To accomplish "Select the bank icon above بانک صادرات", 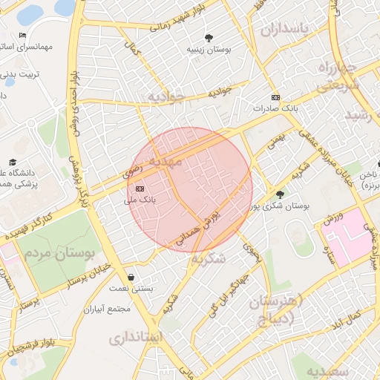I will click(275, 97).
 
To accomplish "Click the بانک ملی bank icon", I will click(140, 189).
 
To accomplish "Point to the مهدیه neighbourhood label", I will click(165, 160).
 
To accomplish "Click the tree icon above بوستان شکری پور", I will click(279, 194).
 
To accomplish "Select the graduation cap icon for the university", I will click(13, 162).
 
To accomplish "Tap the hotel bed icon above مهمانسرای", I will click(23, 35).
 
